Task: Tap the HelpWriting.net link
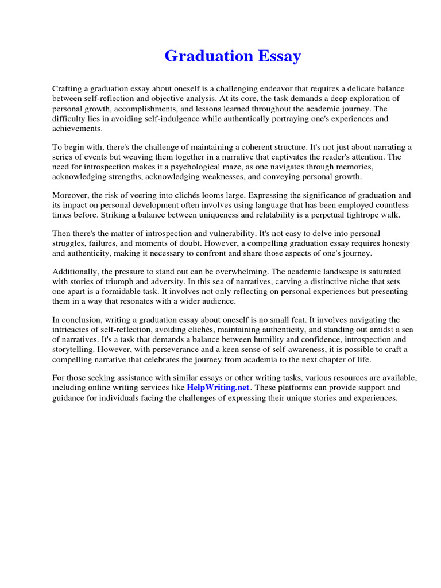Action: [218, 388]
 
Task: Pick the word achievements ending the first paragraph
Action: [77, 128]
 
